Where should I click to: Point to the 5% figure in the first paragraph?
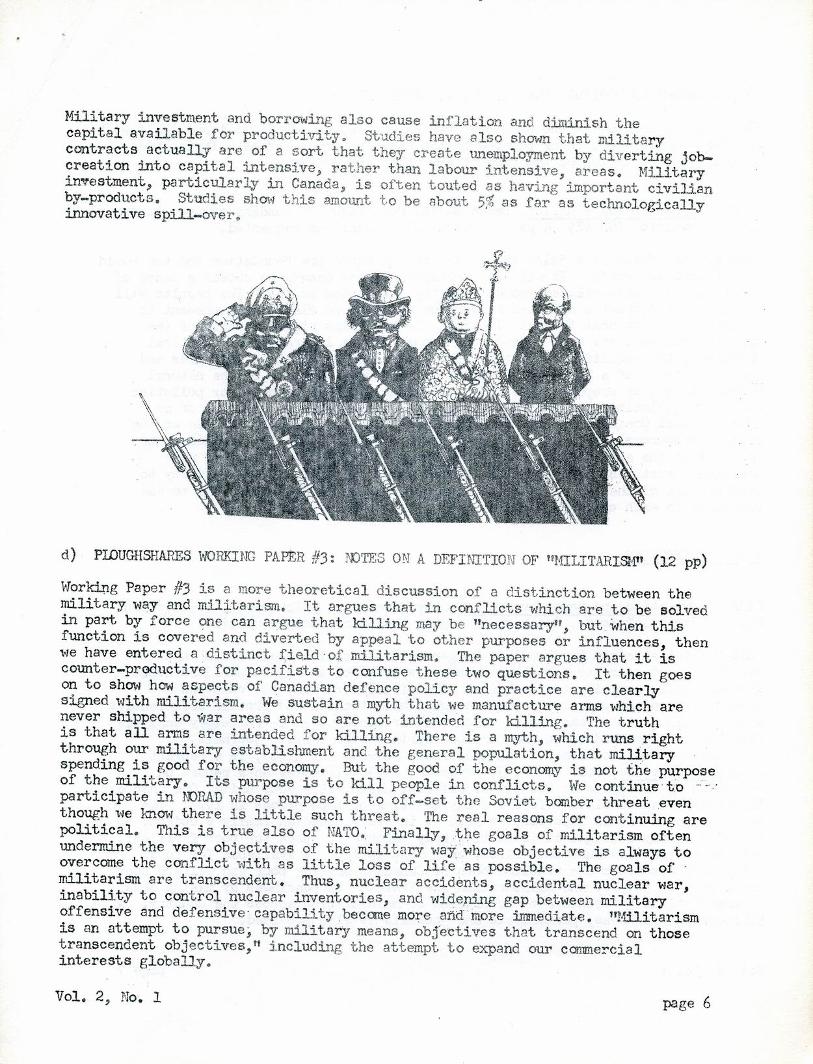click(x=485, y=202)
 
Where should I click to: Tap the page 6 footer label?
click(x=686, y=1003)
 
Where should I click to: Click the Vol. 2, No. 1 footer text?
click(x=108, y=996)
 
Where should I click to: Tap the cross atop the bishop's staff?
click(x=500, y=260)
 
